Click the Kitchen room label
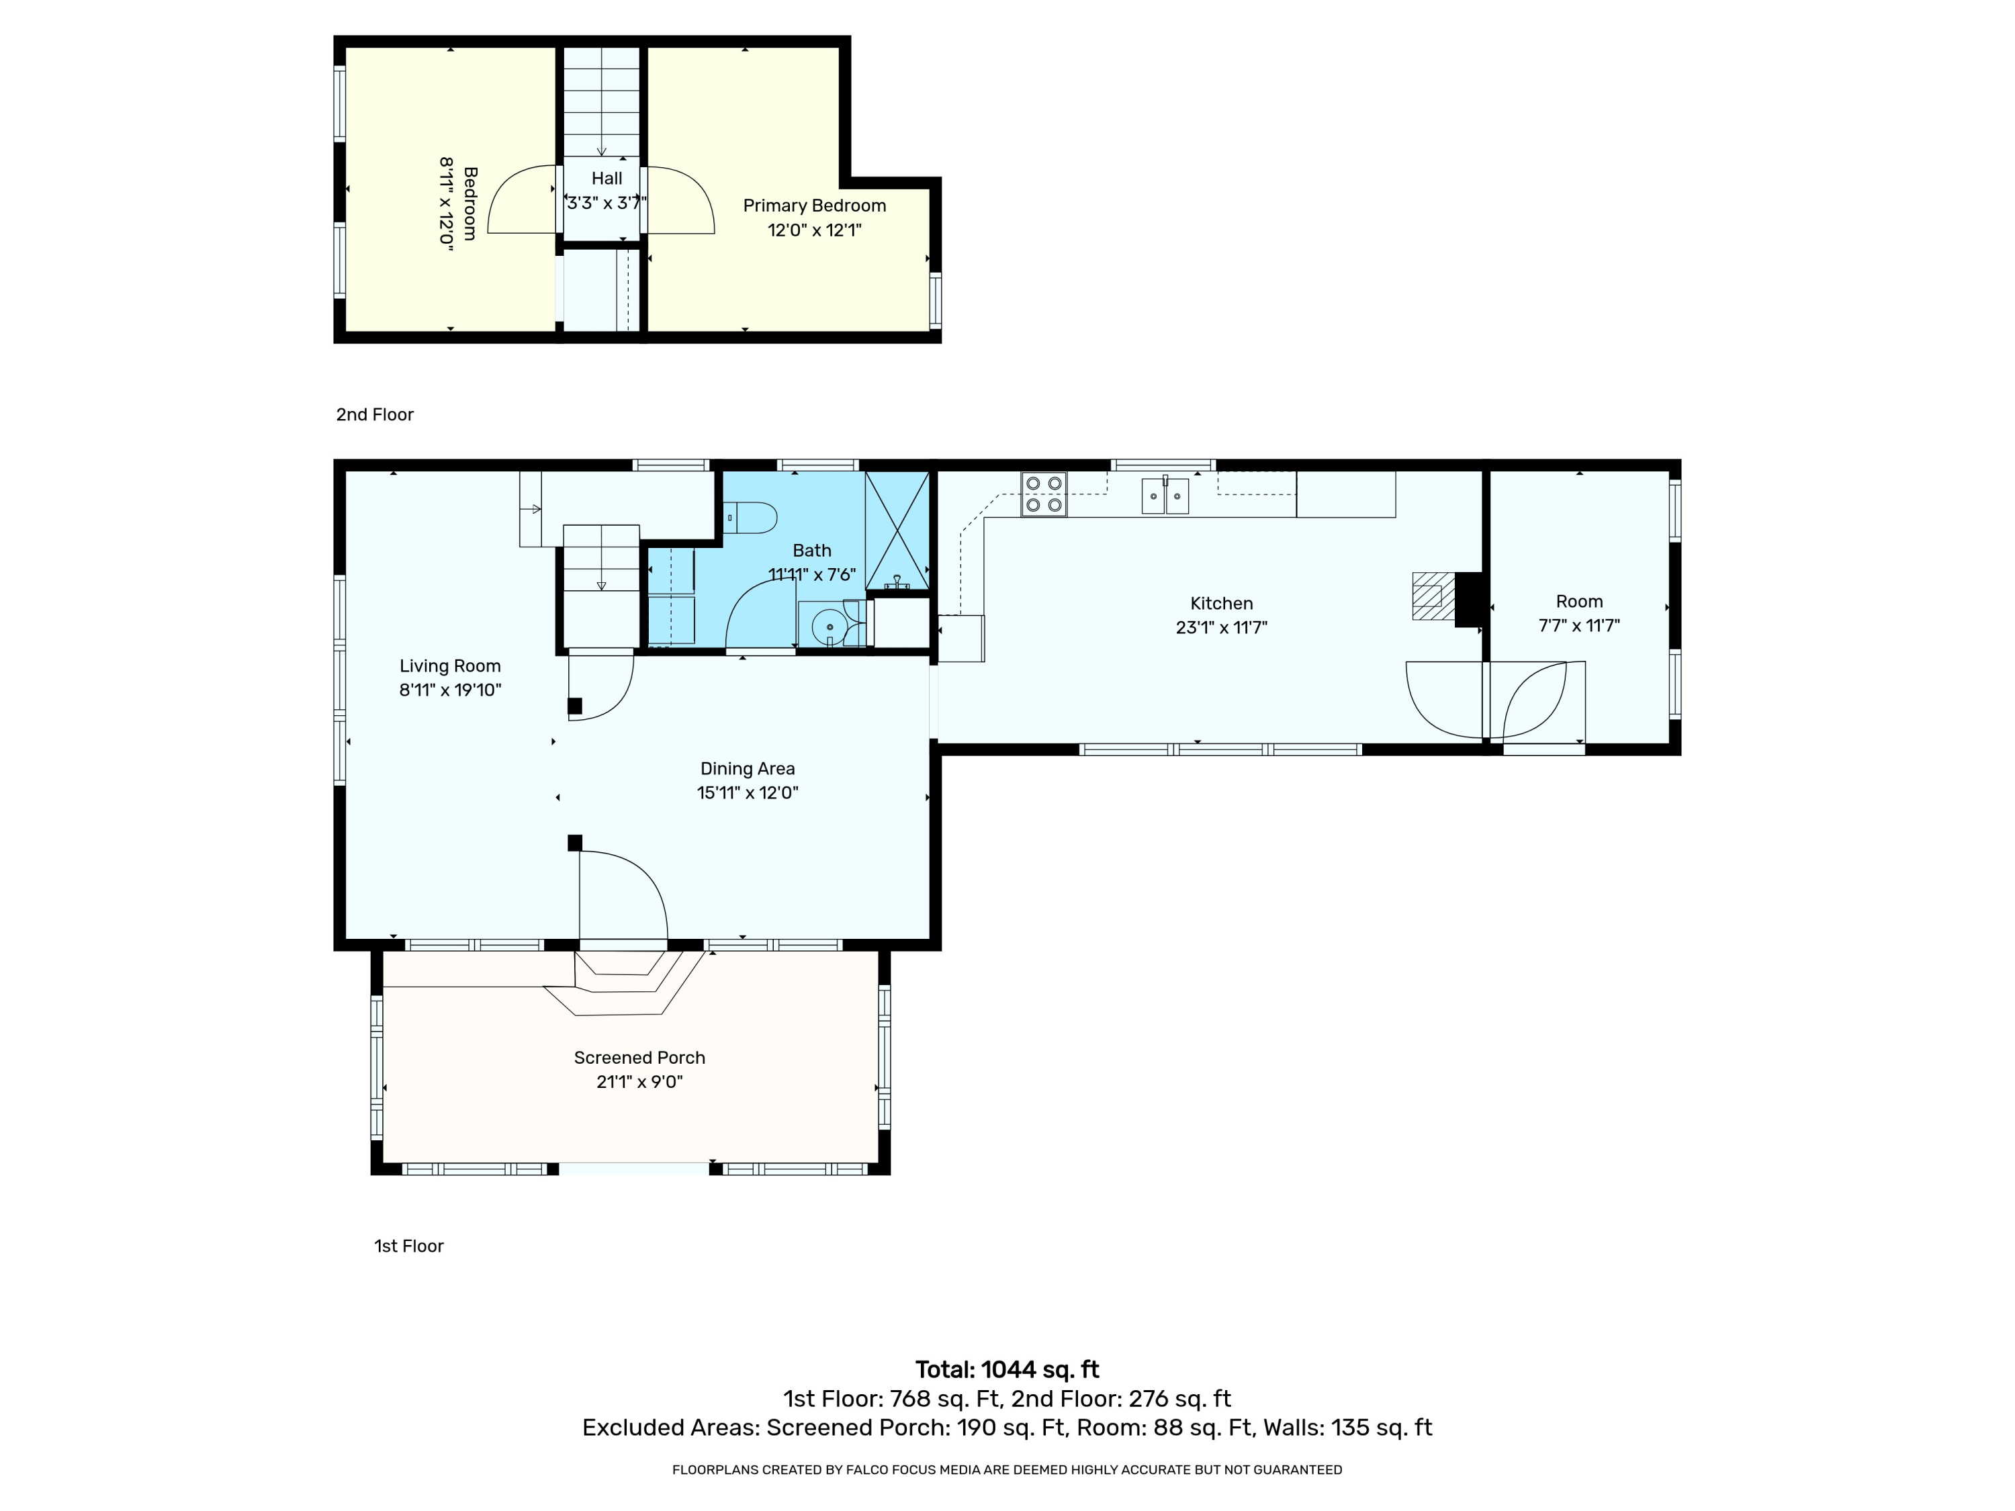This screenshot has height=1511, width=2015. click(1222, 603)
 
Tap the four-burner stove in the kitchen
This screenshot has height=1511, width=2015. click(1044, 494)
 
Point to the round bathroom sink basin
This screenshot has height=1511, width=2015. click(829, 627)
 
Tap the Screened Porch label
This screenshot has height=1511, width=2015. click(639, 1058)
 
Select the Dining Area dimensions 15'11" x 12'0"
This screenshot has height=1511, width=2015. click(748, 792)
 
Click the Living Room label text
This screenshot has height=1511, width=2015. click(450, 666)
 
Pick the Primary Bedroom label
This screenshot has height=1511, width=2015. click(814, 206)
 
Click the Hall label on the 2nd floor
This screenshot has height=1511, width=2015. click(607, 179)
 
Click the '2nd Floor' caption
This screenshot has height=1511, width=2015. click(374, 414)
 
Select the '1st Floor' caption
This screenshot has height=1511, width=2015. click(409, 1246)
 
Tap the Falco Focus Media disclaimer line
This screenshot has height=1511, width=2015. click(1007, 1469)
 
